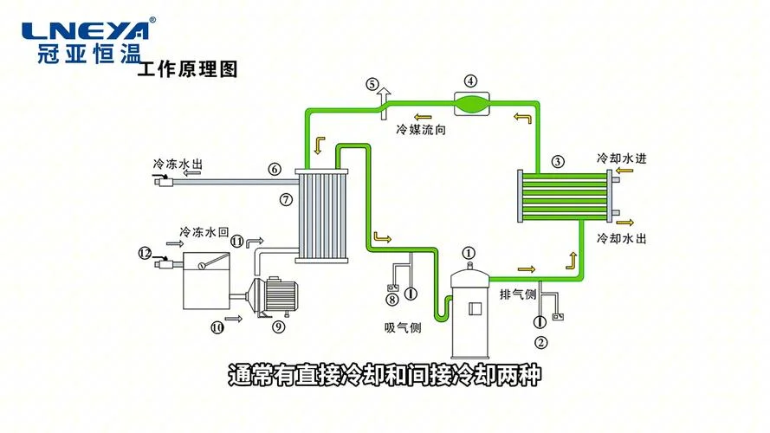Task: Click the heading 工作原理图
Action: [x=188, y=69]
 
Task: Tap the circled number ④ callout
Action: [x=471, y=81]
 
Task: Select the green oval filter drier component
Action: [x=471, y=104]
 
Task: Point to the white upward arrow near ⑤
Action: [x=384, y=102]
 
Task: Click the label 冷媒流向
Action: [x=421, y=130]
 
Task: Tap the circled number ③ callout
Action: [x=558, y=162]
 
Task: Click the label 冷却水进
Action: [x=622, y=158]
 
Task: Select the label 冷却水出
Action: [x=622, y=239]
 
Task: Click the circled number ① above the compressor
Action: [x=469, y=253]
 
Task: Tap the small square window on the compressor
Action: [x=476, y=309]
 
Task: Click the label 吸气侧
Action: [x=403, y=327]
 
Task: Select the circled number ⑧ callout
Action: [x=391, y=299]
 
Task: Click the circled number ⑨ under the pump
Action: [x=278, y=326]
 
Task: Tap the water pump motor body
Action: [x=281, y=295]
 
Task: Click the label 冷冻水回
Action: [x=204, y=232]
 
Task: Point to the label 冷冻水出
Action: [x=178, y=164]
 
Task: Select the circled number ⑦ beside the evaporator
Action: [x=286, y=200]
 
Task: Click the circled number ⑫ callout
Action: [x=145, y=254]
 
